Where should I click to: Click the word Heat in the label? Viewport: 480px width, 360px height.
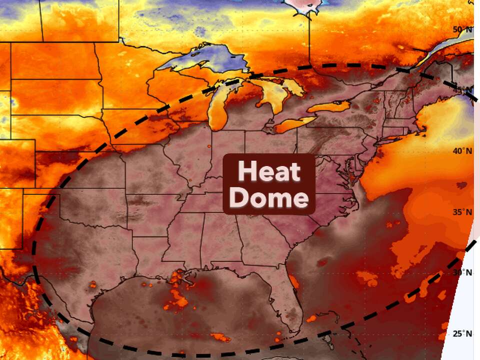pos(269,172)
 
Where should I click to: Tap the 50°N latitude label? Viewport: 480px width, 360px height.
pos(462,29)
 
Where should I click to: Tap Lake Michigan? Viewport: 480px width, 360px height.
pos(217,107)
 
